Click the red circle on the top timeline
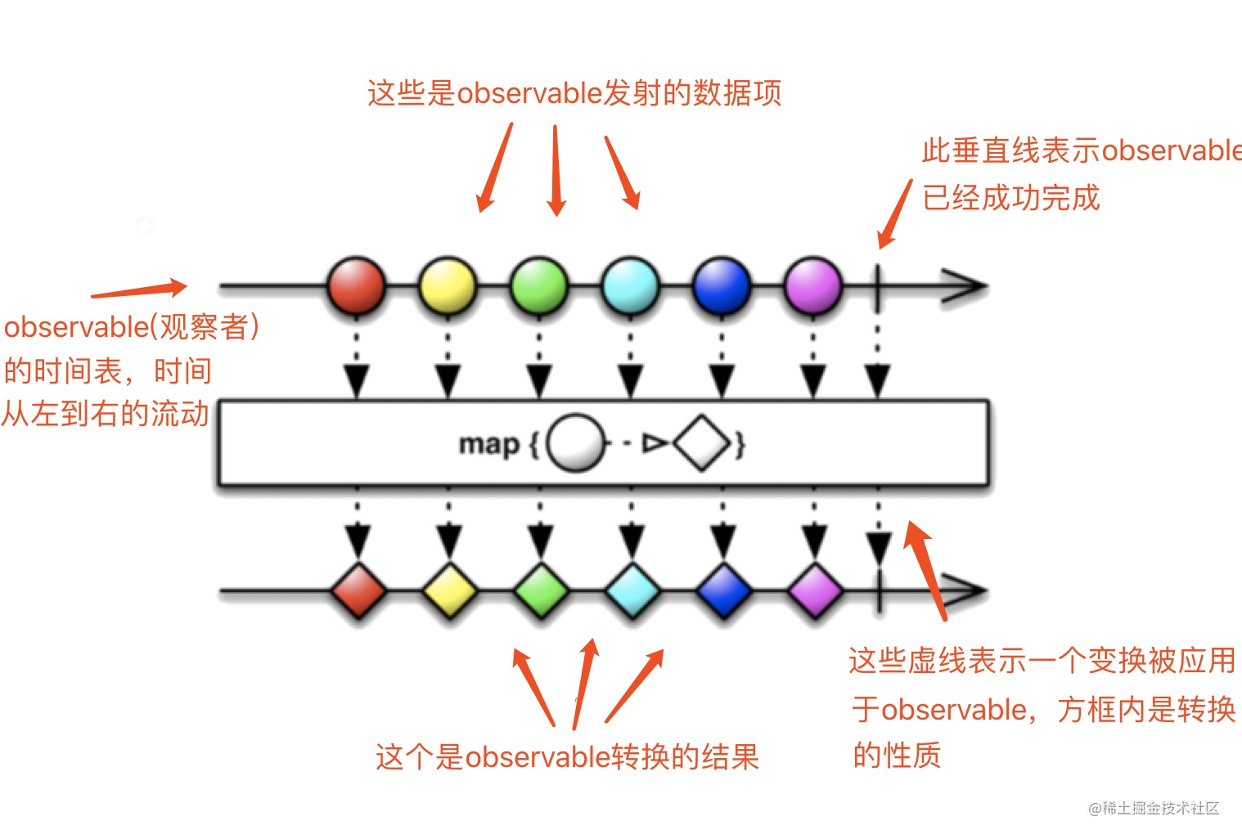click(x=356, y=286)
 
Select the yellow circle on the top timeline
click(x=448, y=286)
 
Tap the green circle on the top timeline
click(x=539, y=286)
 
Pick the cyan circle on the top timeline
click(x=631, y=286)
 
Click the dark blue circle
click(x=722, y=286)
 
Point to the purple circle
click(x=812, y=286)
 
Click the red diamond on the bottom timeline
click(x=358, y=590)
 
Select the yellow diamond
click(x=450, y=590)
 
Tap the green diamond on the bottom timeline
click(x=541, y=590)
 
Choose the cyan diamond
click(x=632, y=590)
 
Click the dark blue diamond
click(x=723, y=590)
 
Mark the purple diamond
click(x=815, y=590)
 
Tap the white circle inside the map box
click(x=575, y=443)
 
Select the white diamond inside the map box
click(x=702, y=443)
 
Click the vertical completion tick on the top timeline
click(x=877, y=288)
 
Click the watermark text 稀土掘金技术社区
click(x=1160, y=809)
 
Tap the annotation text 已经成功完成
click(x=1010, y=198)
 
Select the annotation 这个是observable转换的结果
click(x=567, y=757)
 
